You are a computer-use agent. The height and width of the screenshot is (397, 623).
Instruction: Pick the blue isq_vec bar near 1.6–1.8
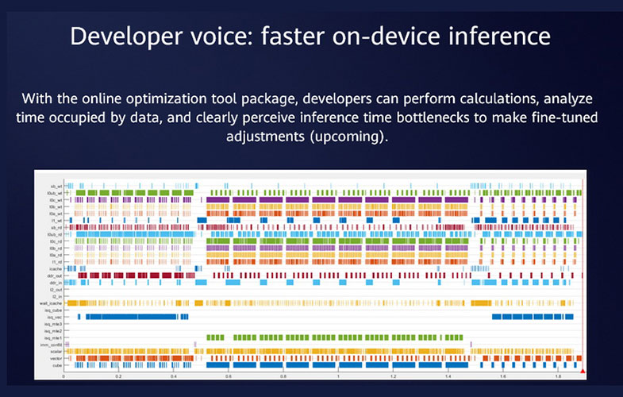(x=528, y=317)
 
